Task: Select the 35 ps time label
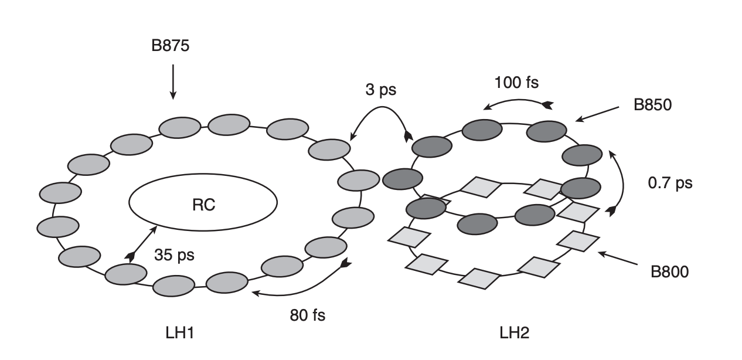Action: pyautogui.click(x=174, y=255)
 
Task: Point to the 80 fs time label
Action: pyautogui.click(x=307, y=315)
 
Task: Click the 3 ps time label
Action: pyautogui.click(x=379, y=90)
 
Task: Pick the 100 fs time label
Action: pyautogui.click(x=516, y=81)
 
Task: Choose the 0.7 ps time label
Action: pyautogui.click(x=669, y=183)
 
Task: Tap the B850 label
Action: pyautogui.click(x=652, y=106)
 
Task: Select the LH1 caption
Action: pyautogui.click(x=179, y=333)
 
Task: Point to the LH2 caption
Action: pyautogui.click(x=515, y=333)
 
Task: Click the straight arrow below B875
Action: pyautogui.click(x=172, y=82)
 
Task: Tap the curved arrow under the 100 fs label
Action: pyautogui.click(x=518, y=101)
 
